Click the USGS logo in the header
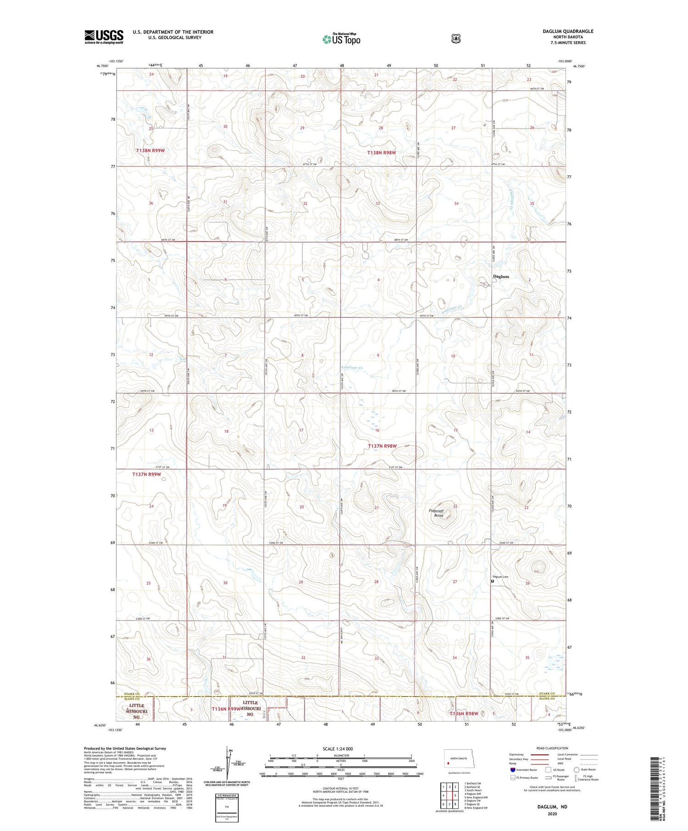click(104, 37)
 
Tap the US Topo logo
click(341, 39)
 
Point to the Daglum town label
click(500, 276)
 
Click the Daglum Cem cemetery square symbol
click(493, 581)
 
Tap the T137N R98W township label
click(382, 446)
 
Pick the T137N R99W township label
click(147, 474)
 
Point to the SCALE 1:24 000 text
click(338, 748)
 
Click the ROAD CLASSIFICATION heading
click(549, 748)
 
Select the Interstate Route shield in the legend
click(512, 770)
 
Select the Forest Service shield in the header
click(455, 39)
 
